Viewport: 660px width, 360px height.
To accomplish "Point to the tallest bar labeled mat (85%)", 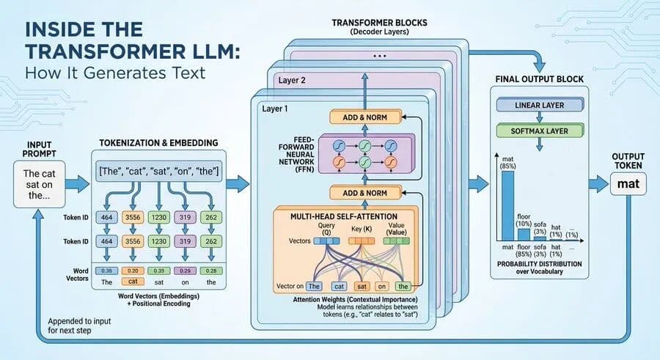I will (507, 206).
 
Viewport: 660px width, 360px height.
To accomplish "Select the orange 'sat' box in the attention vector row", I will (362, 287).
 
